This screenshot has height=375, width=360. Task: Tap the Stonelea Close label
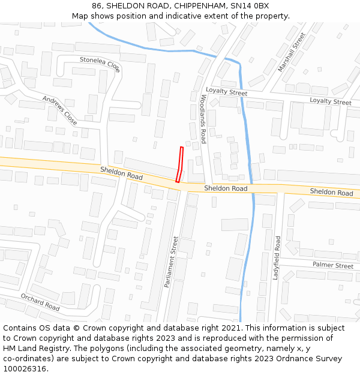(x=100, y=64)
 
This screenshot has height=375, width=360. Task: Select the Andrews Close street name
(x=60, y=110)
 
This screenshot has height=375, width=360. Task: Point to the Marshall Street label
(x=292, y=52)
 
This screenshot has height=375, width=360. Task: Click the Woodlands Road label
(x=203, y=118)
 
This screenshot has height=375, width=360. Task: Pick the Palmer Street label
(x=333, y=265)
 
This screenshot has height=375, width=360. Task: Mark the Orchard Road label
(x=40, y=302)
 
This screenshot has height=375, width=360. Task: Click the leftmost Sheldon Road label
(x=121, y=173)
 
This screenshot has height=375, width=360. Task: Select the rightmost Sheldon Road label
(x=331, y=193)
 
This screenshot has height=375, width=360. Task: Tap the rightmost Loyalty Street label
(x=331, y=101)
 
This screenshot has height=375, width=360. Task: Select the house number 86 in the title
(x=97, y=6)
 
